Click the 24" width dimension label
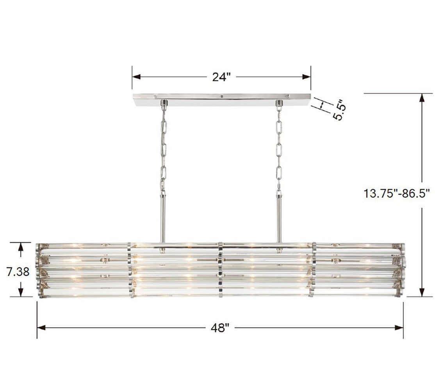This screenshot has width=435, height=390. coord(222,77)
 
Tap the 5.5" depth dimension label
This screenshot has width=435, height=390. coord(338,110)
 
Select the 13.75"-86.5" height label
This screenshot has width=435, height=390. coord(396,193)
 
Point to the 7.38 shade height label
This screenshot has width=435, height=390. coord(18,271)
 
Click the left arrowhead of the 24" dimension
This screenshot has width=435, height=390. coord(135,77)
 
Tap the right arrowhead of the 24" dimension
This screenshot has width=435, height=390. coord(308,77)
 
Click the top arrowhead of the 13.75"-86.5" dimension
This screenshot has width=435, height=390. coord(422,97)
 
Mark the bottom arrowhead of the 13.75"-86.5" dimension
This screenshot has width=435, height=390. coord(422,292)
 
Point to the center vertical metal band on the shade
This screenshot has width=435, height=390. coord(221,269)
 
